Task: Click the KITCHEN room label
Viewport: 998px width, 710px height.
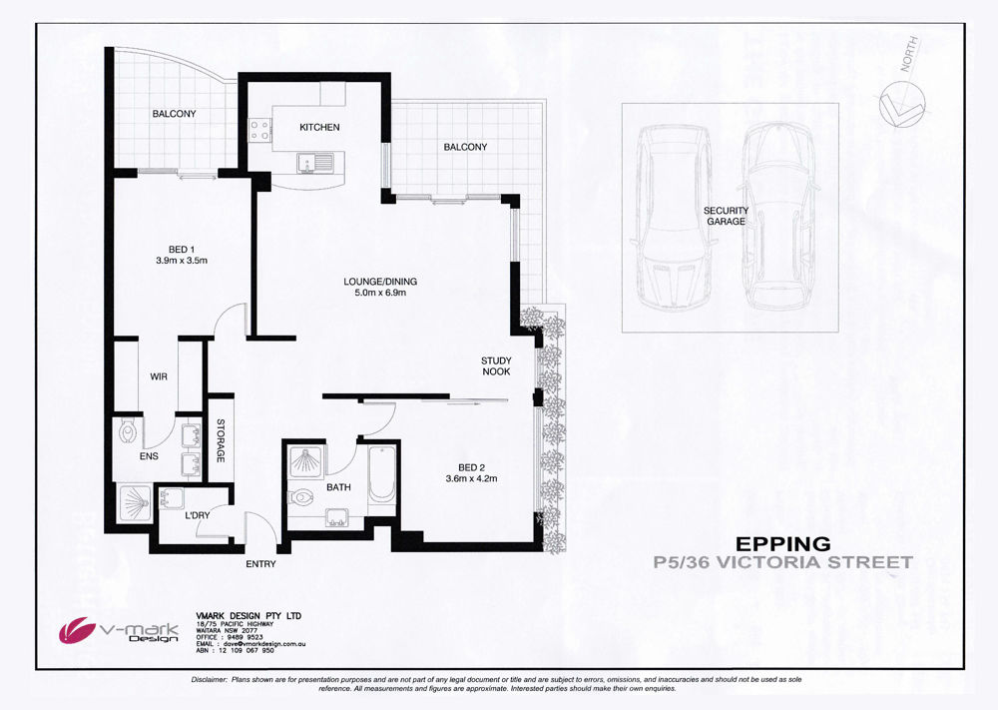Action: (319, 128)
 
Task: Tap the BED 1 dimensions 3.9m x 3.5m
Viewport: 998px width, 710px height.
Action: (182, 261)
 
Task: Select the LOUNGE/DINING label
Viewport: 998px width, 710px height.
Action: (380, 282)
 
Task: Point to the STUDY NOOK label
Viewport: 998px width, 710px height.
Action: (496, 366)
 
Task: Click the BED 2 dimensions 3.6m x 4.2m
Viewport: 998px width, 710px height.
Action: (471, 479)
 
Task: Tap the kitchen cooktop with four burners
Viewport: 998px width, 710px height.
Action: (259, 131)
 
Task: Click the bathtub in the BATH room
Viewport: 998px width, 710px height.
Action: (382, 474)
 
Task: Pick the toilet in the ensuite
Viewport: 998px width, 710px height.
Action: (128, 433)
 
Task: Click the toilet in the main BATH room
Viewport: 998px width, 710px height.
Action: (300, 495)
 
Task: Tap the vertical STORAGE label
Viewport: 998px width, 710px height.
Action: (221, 440)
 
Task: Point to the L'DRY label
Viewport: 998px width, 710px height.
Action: (198, 515)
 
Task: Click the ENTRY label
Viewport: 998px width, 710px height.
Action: (260, 564)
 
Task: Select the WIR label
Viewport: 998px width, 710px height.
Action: (159, 376)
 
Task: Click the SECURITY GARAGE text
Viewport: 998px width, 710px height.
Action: (727, 216)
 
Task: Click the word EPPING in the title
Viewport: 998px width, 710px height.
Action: (783, 544)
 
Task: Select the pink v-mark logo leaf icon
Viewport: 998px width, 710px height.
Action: (78, 629)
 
